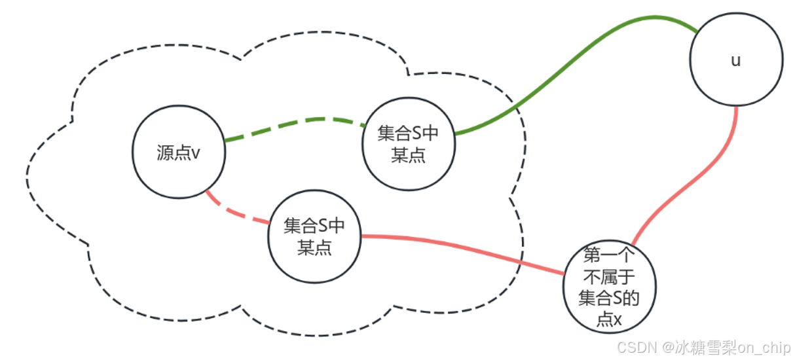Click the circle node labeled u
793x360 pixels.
coord(736,60)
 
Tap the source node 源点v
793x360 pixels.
coord(178,153)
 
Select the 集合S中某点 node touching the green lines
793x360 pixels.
coord(408,144)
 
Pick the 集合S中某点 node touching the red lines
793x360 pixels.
coord(314,236)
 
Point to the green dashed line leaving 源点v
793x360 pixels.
coord(295,123)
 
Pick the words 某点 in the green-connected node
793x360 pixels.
coord(408,156)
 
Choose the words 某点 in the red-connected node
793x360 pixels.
coord(314,248)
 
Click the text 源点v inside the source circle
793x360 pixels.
coord(178,153)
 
